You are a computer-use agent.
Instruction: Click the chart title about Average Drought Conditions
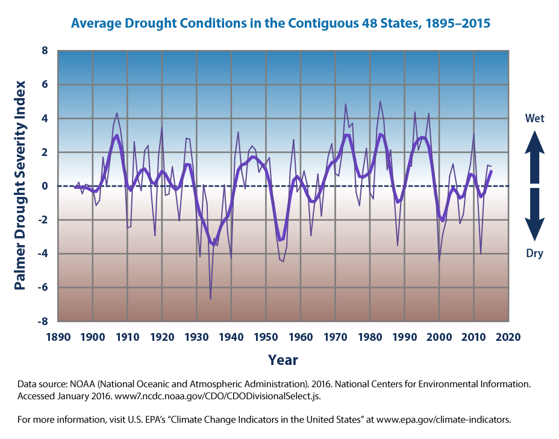280,24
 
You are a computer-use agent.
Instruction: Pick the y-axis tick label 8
45,51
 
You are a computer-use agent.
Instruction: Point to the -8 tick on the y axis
42,322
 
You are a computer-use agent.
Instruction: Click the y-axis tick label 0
45,186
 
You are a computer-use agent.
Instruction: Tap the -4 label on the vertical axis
42,254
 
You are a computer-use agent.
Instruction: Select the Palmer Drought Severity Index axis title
20,186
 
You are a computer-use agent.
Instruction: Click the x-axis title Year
283,360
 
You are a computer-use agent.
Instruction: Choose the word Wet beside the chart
535,119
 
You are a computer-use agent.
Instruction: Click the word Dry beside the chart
535,254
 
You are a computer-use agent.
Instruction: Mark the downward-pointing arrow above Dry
535,217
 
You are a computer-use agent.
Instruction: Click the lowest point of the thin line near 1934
210,299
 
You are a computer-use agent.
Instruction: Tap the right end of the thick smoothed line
492,172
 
